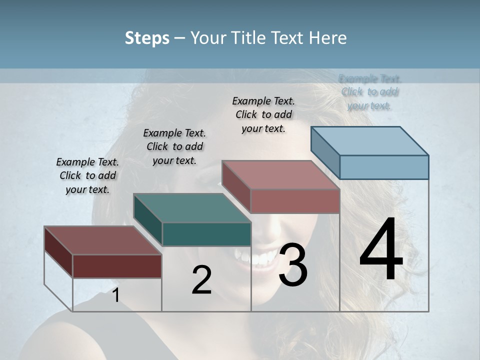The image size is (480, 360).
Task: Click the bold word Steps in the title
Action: click(x=147, y=38)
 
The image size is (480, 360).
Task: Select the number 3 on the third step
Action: click(x=293, y=265)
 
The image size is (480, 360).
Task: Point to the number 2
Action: click(x=201, y=280)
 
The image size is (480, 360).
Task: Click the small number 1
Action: click(x=115, y=295)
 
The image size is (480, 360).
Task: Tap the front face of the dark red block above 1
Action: click(x=117, y=266)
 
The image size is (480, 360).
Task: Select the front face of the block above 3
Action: click(x=295, y=201)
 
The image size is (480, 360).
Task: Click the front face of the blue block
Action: click(x=384, y=167)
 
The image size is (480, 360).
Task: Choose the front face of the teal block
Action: click(x=206, y=234)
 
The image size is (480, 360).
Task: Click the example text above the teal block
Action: click(x=174, y=146)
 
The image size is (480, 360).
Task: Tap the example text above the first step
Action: click(x=87, y=175)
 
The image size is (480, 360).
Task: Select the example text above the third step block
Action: click(x=263, y=114)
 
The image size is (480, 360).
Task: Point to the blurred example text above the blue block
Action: click(x=370, y=92)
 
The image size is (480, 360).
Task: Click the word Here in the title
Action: click(x=329, y=38)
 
